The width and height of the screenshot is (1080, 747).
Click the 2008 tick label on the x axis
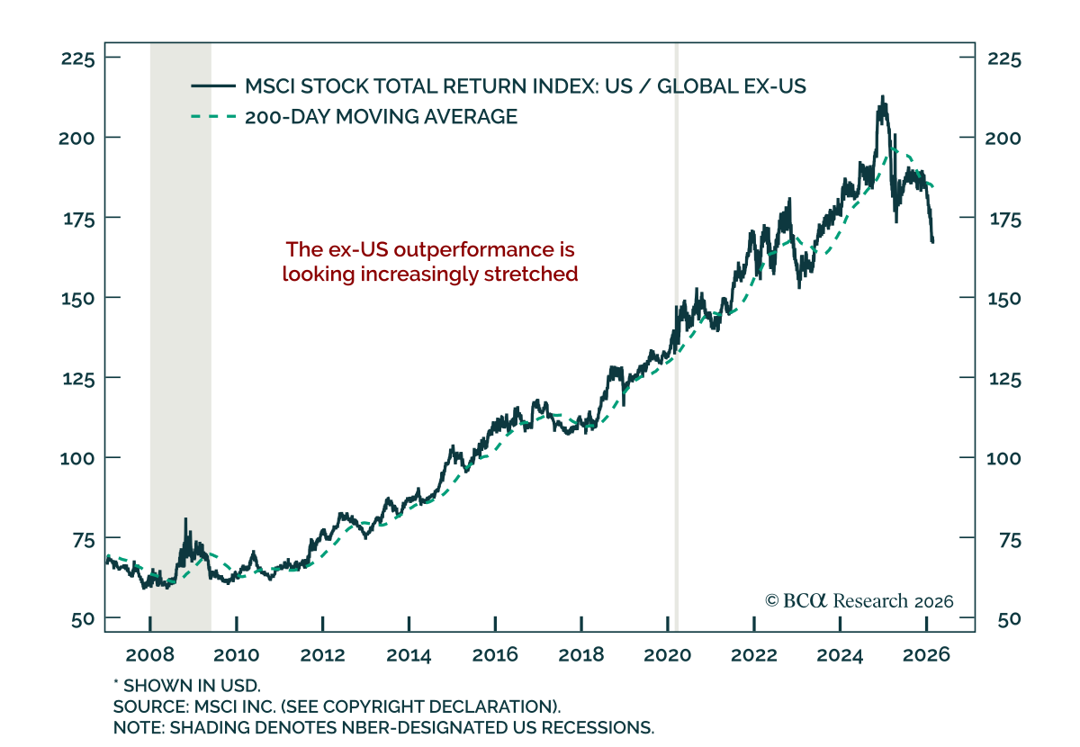coord(150,654)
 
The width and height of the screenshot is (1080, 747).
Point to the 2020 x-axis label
coord(667,654)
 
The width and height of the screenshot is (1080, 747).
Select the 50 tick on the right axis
coord(1004,619)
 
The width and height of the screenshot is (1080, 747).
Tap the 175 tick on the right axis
coord(1004,218)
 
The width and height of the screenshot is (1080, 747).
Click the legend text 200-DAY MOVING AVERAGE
coord(381,116)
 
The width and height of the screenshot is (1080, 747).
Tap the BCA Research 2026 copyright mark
coord(859,601)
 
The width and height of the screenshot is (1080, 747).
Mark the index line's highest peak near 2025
coord(883,96)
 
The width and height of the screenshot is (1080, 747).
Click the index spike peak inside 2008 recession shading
coord(185,519)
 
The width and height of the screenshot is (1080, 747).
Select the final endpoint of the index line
coord(933,241)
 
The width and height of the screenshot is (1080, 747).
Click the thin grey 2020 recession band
coord(677,360)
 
